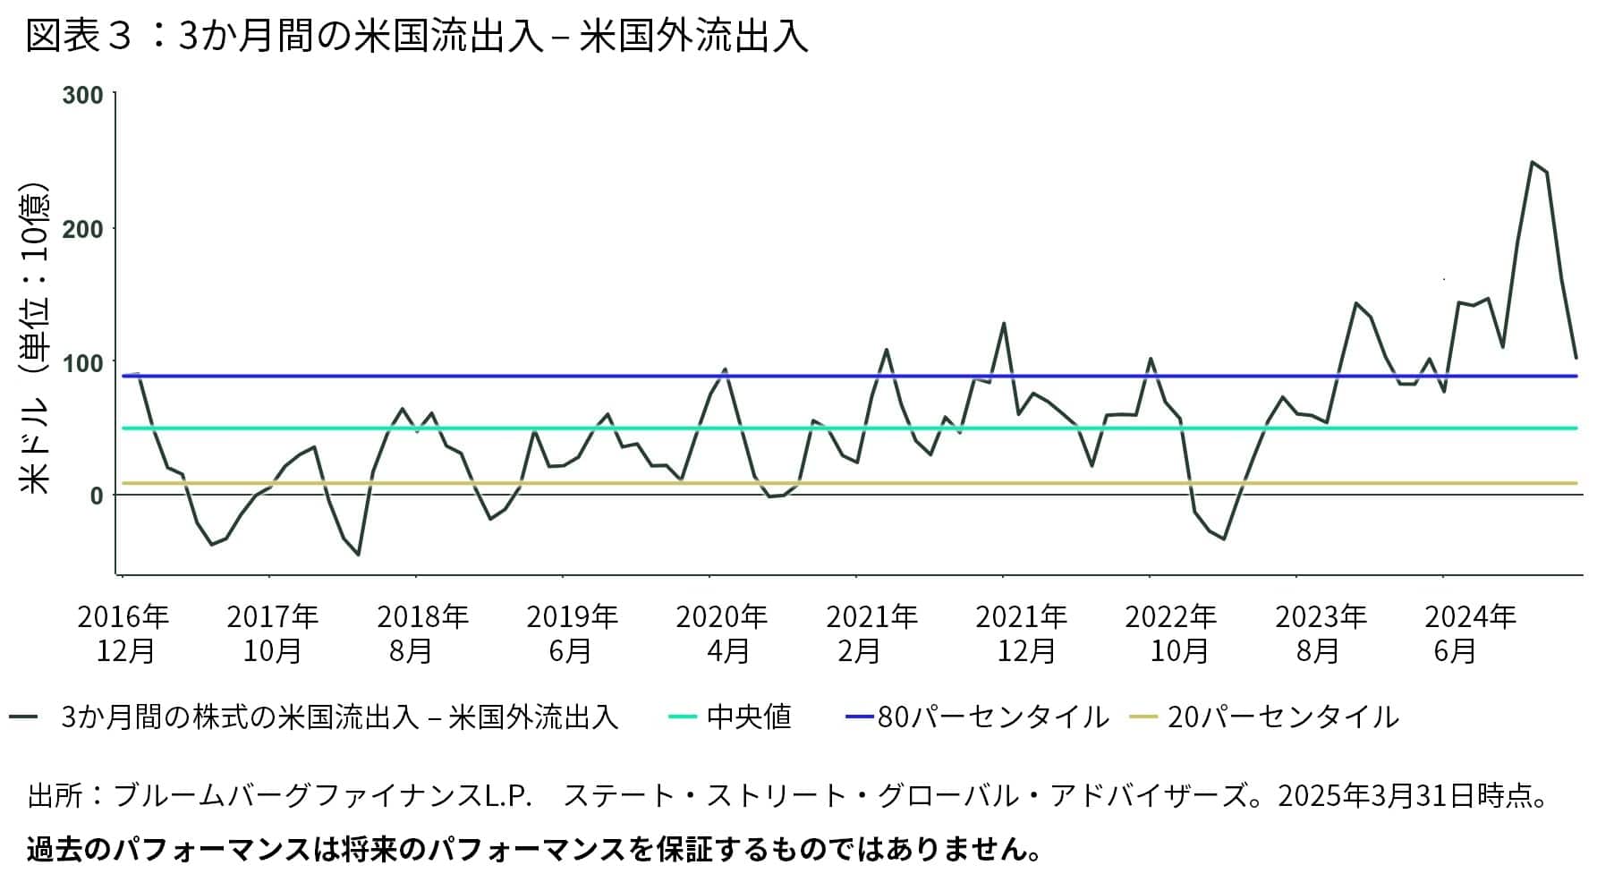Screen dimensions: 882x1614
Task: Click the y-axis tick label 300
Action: point(82,95)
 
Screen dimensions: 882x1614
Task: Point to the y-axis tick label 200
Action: point(82,229)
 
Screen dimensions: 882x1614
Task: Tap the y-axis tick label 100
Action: point(82,362)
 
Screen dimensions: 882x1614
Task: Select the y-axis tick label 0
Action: point(96,496)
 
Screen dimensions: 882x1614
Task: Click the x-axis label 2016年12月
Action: point(123,633)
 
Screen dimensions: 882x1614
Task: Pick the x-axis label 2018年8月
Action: point(421,633)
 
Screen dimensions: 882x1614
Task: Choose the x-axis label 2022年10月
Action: point(1170,633)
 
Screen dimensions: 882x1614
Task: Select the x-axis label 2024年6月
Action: point(1469,633)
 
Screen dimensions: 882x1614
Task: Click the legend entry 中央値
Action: point(748,717)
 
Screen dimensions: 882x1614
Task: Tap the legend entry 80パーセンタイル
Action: point(992,717)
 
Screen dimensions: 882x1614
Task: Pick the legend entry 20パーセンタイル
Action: point(1282,717)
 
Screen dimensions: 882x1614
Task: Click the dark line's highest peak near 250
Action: point(1532,162)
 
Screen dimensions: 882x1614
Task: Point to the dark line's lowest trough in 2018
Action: point(358,555)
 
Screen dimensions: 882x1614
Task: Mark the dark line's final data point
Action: point(1576,358)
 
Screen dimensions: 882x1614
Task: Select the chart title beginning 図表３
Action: point(417,38)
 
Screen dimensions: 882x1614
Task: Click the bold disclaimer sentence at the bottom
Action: point(534,849)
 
